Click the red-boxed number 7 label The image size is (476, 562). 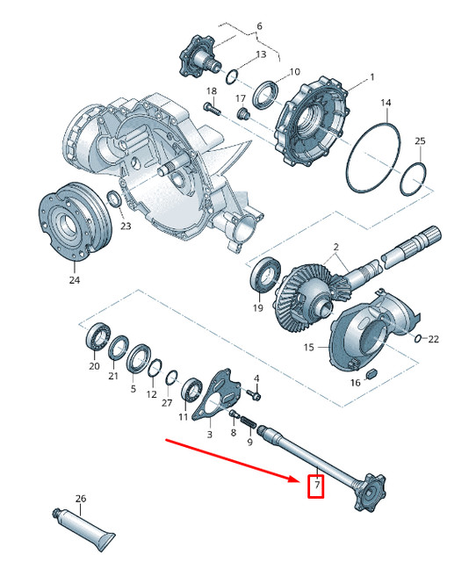click(315, 486)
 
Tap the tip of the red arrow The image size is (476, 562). click(300, 479)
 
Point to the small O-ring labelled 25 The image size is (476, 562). click(413, 182)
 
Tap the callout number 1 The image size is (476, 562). click(371, 77)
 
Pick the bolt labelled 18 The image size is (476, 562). click(211, 109)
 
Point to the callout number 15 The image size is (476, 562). click(308, 348)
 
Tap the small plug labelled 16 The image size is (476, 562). click(370, 373)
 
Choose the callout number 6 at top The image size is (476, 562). click(258, 26)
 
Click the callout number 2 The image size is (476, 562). click(335, 249)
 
